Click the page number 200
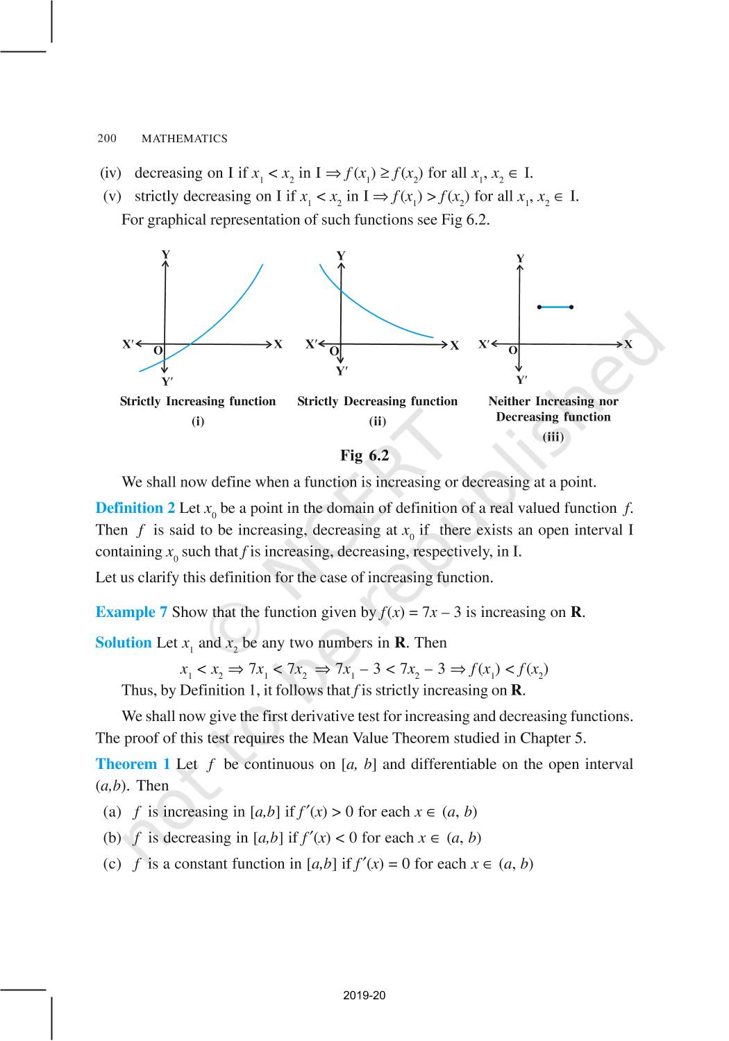[107, 139]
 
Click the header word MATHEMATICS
[184, 139]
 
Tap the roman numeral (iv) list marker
[110, 173]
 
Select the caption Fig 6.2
[364, 455]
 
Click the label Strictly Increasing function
[198, 401]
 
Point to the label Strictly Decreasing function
[378, 401]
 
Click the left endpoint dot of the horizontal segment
[539, 307]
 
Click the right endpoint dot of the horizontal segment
[571, 307]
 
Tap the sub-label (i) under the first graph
[198, 421]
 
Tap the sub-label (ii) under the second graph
[377, 421]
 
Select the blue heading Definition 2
[135, 508]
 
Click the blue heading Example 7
[131, 612]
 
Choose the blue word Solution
[124, 643]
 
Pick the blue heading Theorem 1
[133, 764]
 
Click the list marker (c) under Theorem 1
[112, 864]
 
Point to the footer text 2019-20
[364, 996]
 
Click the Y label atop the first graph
[166, 255]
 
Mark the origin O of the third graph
[513, 350]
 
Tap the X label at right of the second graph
[455, 346]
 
